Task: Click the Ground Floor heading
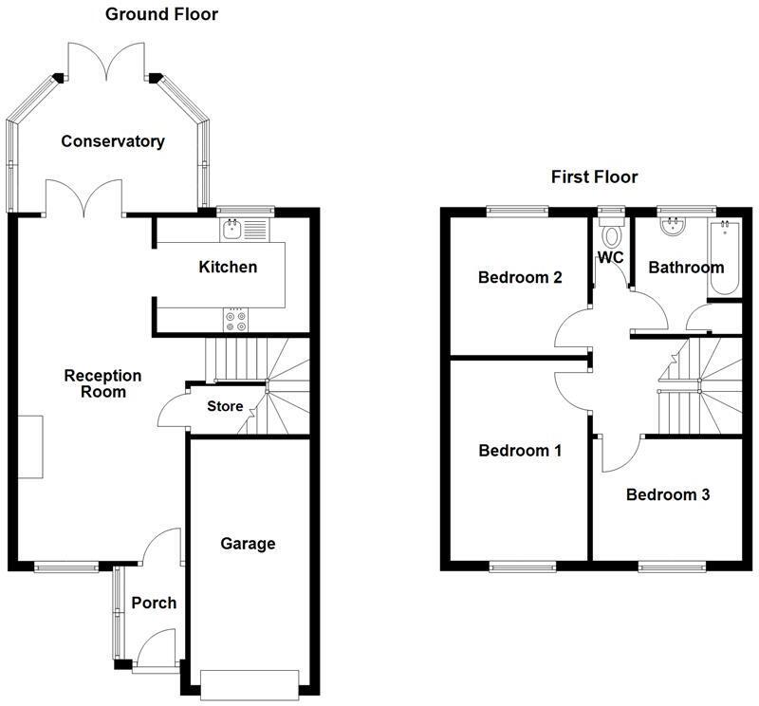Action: pos(160,14)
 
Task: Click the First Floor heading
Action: pos(594,176)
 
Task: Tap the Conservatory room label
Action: pos(113,141)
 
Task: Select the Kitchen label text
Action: pos(227,267)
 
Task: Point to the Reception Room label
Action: pos(102,383)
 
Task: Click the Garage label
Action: pos(248,544)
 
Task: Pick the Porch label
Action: pos(154,603)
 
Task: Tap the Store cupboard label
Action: pos(225,407)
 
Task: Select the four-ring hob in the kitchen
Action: pos(234,321)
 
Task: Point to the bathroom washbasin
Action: pos(675,224)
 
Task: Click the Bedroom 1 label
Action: pos(519,450)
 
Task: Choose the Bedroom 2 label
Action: pos(519,278)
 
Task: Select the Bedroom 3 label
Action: pos(667,494)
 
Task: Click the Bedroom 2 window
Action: pos(518,210)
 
